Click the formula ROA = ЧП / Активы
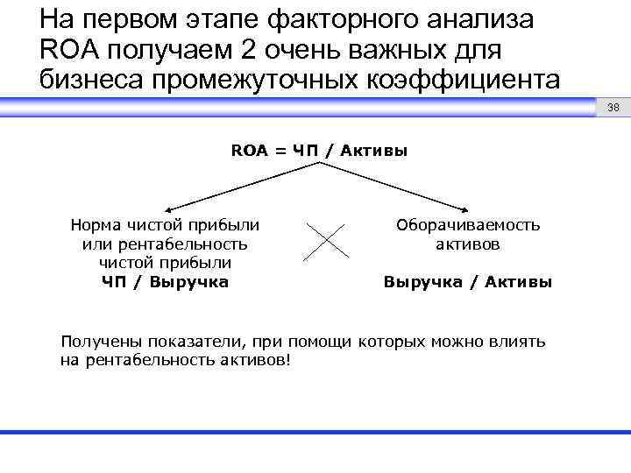[319, 151]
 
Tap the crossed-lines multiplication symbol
[327, 238]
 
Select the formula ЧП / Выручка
[164, 282]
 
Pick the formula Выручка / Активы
[468, 282]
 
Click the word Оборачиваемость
[468, 225]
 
